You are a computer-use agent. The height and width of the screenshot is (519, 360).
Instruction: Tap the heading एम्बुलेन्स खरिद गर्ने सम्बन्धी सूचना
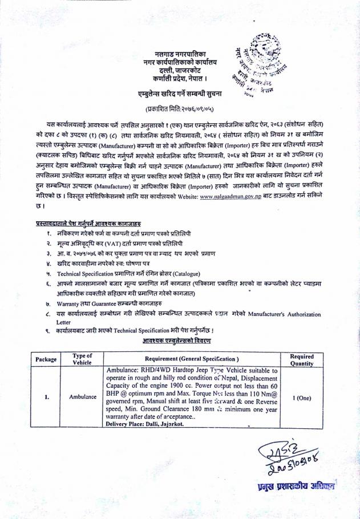tap(175, 92)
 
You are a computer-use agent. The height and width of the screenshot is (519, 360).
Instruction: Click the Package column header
tap(46, 359)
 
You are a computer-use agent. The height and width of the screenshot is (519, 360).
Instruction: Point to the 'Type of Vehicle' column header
tap(83, 359)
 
